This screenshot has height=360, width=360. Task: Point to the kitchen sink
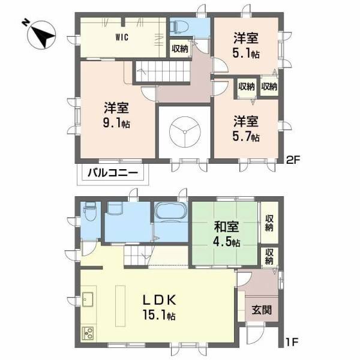88,298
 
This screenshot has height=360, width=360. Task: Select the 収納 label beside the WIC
179,49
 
